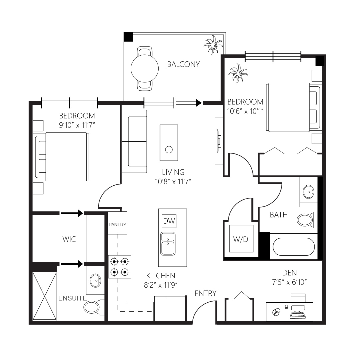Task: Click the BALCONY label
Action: pyautogui.click(x=183, y=64)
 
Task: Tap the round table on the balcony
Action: pyautogui.click(x=145, y=68)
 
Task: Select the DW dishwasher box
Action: pyautogui.click(x=169, y=221)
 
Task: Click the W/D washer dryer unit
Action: pyautogui.click(x=241, y=238)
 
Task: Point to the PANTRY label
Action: pyautogui.click(x=117, y=225)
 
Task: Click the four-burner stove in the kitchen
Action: pyautogui.click(x=120, y=267)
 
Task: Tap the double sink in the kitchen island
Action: pyautogui.click(x=168, y=244)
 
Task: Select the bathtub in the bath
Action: pyautogui.click(x=294, y=247)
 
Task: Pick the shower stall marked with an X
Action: pyautogui.click(x=45, y=296)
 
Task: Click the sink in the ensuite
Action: pyautogui.click(x=96, y=280)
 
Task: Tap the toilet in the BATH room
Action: pyautogui.click(x=306, y=220)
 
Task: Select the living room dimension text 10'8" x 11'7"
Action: pyautogui.click(x=173, y=182)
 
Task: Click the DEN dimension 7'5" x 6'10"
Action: pyautogui.click(x=289, y=282)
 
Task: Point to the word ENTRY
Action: pyautogui.click(x=205, y=293)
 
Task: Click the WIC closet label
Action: pyautogui.click(x=69, y=239)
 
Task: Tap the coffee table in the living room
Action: pyautogui.click(x=169, y=143)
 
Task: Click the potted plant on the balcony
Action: pyautogui.click(x=213, y=45)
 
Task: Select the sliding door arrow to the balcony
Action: pyautogui.click(x=188, y=103)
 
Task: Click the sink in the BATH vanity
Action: pyautogui.click(x=308, y=192)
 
